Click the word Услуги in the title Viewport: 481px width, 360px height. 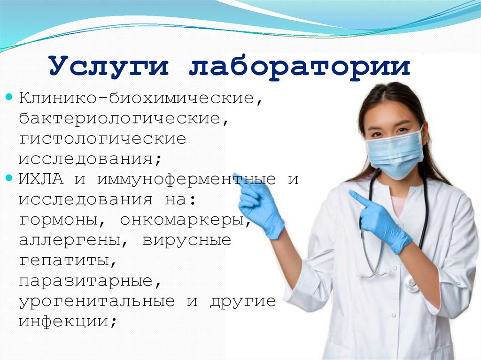coord(108,67)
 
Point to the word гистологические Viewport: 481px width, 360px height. coord(102,139)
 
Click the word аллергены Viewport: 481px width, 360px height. coord(68,241)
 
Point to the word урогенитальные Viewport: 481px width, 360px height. coord(97,301)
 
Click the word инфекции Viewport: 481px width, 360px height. coord(64,321)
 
